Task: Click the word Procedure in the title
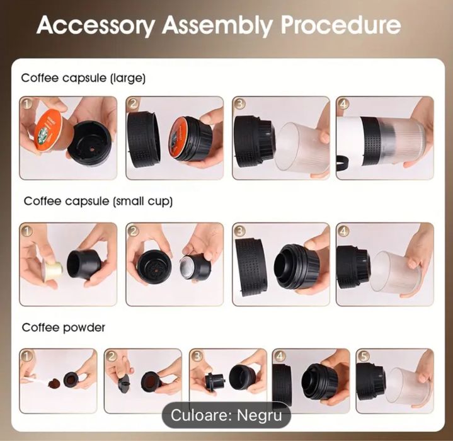[x=340, y=25]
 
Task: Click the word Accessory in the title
[x=95, y=25]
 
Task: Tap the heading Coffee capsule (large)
[x=84, y=78]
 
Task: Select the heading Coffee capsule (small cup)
[x=98, y=202]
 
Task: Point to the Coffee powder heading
[x=64, y=328]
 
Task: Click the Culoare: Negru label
[x=227, y=415]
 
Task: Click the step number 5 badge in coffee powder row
[x=364, y=357]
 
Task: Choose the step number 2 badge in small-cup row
[x=133, y=231]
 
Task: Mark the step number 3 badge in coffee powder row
[x=197, y=357]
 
